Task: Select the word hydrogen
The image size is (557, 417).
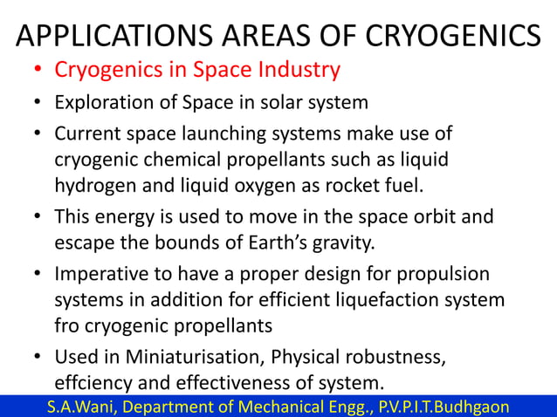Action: point(94,186)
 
